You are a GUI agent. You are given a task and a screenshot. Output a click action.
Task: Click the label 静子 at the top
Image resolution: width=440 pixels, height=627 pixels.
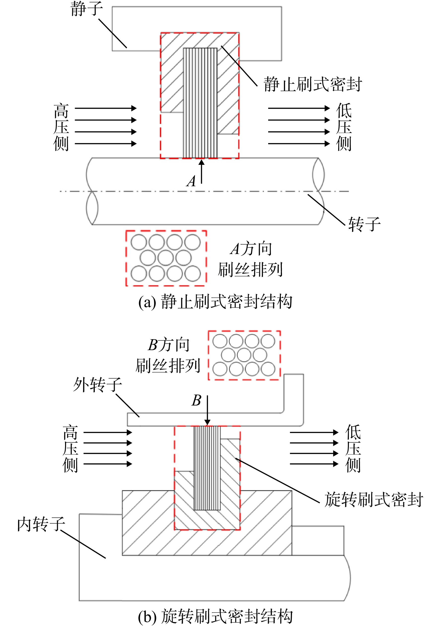point(87,9)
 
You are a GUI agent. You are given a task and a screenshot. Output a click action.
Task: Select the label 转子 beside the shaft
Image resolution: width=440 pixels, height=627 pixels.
point(364,224)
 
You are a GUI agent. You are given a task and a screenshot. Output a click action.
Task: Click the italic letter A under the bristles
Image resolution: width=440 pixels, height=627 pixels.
point(191,181)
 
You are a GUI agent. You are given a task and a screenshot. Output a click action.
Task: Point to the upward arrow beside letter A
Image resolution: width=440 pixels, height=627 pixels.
point(202,172)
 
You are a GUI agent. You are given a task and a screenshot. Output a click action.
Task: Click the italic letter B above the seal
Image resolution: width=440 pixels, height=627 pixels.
point(196,401)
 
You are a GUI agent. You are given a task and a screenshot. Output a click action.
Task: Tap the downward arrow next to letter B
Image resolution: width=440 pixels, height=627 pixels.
point(207,410)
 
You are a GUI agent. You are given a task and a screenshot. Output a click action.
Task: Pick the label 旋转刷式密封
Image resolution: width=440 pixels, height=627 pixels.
point(374,499)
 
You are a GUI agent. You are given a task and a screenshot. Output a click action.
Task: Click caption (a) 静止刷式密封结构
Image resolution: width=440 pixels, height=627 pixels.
point(215,302)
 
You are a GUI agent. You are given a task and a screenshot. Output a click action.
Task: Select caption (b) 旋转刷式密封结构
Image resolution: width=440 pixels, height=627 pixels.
point(215,616)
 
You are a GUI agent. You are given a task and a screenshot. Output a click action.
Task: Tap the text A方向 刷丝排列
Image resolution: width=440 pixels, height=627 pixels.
point(250,259)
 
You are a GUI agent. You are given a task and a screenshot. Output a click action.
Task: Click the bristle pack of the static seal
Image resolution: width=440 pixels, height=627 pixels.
point(200,103)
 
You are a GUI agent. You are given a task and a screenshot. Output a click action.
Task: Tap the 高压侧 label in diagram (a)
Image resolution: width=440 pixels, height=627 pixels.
point(61,127)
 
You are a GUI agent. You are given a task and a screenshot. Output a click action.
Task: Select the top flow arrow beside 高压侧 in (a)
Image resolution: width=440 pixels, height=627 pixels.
point(106,108)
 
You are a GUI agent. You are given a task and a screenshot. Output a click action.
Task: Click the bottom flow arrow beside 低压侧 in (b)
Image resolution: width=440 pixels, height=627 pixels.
point(314,464)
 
